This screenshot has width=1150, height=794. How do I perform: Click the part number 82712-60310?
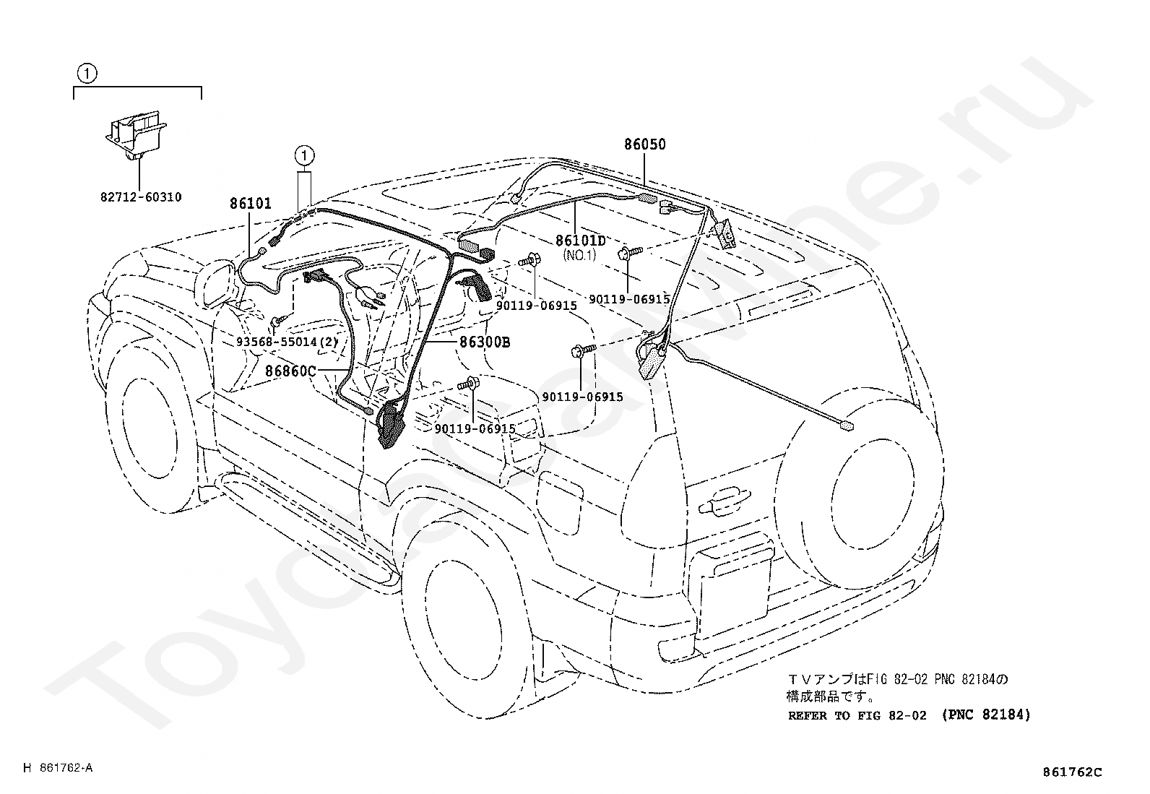pyautogui.click(x=142, y=197)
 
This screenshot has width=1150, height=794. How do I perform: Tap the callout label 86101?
pyautogui.click(x=251, y=204)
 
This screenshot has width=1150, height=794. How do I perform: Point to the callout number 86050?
pyautogui.click(x=645, y=144)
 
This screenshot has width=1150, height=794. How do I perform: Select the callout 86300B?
pyautogui.click(x=485, y=342)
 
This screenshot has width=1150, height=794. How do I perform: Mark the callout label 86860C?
pyautogui.click(x=290, y=371)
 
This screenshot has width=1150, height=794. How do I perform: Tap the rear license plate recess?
pyautogui.click(x=737, y=584)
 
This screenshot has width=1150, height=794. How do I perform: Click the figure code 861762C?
pyautogui.click(x=1072, y=772)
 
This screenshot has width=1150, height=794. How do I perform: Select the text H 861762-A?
pyautogui.click(x=58, y=768)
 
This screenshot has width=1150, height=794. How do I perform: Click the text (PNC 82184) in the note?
pyautogui.click(x=987, y=715)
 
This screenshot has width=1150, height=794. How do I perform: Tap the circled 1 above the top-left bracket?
pyautogui.click(x=87, y=73)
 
